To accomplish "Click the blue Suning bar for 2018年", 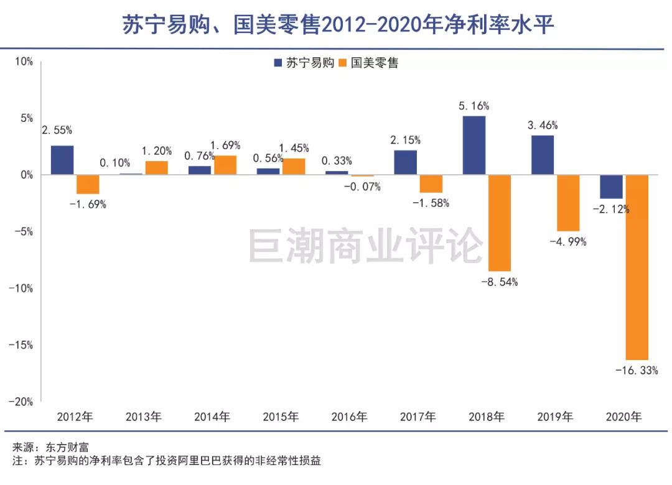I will point(474,145).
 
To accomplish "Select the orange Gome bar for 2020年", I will point(637,267).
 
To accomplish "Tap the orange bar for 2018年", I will point(500,223).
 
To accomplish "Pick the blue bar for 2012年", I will point(62,160).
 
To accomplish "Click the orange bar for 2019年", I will point(568,203).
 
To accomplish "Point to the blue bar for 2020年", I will point(611,187).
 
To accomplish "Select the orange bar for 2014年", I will point(225,165).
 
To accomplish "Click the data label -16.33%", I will point(636,371).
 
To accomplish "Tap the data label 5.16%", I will point(474,106).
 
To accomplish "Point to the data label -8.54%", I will point(500,282).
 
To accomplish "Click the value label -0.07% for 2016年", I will point(362,187).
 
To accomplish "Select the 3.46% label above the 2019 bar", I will point(543,125).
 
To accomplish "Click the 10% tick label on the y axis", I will point(24,62).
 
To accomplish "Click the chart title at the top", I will point(336,25).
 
